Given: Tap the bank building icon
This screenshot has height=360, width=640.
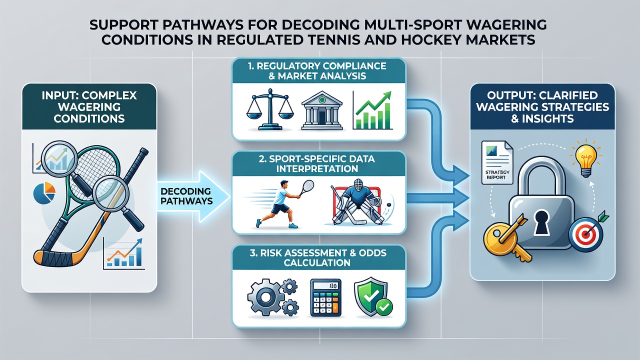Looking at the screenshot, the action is [x=321, y=111].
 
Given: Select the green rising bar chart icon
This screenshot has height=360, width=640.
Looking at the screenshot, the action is [x=372, y=110].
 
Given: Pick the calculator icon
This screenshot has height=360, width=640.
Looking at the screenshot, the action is [x=325, y=297].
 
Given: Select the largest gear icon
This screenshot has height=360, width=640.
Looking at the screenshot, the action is [x=265, y=297].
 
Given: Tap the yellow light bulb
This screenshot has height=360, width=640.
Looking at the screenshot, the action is [x=585, y=158].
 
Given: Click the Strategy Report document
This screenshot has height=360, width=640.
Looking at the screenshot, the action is [x=497, y=162].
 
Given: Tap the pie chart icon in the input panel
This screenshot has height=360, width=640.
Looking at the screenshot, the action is [x=44, y=193].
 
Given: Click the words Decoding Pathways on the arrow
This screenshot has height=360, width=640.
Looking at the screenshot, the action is [x=186, y=196].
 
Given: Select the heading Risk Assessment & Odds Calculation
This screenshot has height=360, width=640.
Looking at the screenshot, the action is [x=317, y=257].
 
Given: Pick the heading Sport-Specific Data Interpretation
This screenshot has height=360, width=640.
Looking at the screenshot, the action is [x=317, y=163].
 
